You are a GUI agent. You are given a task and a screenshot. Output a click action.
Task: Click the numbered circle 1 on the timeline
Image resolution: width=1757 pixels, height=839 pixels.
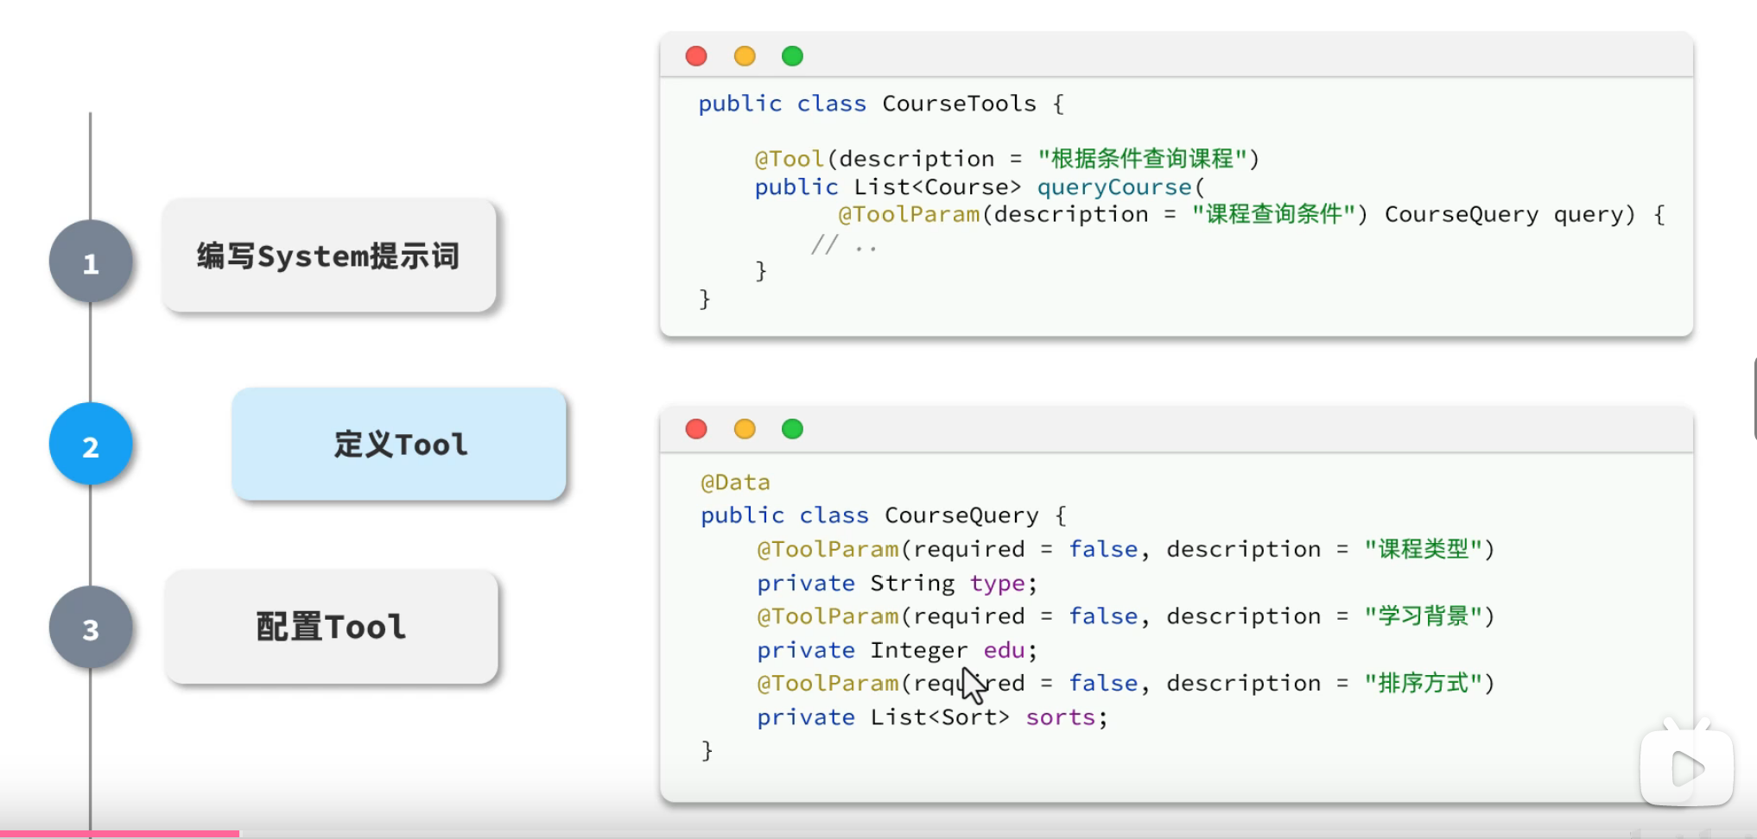91,262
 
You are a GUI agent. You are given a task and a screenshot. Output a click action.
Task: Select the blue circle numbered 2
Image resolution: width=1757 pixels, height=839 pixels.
91,445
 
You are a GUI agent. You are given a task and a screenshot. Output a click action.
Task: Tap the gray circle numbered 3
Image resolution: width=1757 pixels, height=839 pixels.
91,628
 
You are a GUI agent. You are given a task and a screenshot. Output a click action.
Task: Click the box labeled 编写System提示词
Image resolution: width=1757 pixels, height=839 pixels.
329,255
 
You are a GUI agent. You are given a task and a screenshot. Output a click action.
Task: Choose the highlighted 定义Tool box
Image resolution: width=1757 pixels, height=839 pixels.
399,444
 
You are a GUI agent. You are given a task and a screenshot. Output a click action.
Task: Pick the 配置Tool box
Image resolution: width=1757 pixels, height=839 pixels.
332,627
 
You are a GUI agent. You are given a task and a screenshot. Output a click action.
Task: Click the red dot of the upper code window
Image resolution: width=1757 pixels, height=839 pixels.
696,56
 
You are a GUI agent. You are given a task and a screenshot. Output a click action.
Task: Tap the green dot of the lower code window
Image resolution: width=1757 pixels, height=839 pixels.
792,429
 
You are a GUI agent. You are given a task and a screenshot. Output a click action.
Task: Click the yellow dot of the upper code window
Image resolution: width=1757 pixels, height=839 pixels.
745,56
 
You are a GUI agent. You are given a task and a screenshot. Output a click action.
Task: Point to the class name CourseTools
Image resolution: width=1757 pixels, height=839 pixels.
959,104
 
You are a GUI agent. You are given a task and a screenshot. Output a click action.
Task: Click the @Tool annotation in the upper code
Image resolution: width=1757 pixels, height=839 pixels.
789,159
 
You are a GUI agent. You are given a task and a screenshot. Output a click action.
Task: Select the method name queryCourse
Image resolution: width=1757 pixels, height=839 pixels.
1113,186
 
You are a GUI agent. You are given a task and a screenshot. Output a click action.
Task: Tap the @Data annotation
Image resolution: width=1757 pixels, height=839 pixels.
735,482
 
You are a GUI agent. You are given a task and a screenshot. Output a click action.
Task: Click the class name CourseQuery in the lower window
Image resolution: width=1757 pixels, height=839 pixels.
961,515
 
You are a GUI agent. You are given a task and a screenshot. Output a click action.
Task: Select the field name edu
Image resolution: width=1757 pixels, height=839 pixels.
1004,650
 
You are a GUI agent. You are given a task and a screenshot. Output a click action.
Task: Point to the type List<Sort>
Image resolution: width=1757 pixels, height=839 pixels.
940,717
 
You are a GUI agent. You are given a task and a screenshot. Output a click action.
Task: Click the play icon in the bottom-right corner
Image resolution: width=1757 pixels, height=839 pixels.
1686,768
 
